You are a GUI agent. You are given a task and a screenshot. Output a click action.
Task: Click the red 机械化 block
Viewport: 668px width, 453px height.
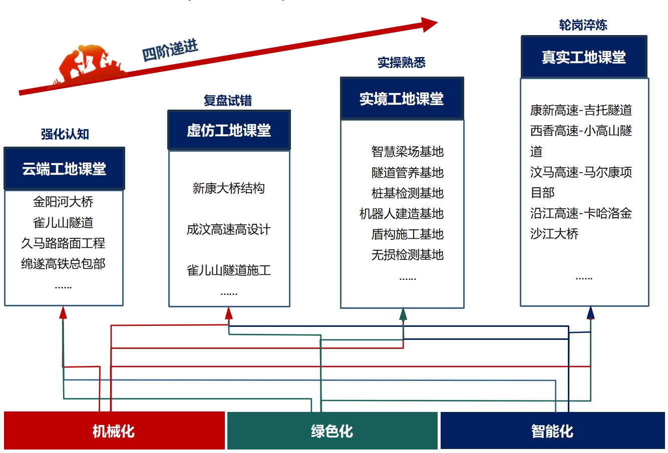pyautogui.click(x=114, y=430)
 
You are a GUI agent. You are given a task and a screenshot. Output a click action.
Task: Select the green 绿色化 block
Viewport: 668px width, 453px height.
pyautogui.click(x=332, y=430)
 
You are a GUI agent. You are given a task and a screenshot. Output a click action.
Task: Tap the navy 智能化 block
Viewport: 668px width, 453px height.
pyautogui.click(x=552, y=430)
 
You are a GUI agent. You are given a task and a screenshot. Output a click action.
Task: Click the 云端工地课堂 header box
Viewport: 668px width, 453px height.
pyautogui.click(x=64, y=169)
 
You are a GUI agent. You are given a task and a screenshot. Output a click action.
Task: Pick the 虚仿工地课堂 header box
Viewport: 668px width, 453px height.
pyautogui.click(x=229, y=130)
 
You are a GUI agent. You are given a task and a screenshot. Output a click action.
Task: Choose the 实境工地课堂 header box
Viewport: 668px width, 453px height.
pyautogui.click(x=402, y=99)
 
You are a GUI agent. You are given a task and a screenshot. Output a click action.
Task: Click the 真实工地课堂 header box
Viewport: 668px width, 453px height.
pyautogui.click(x=584, y=57)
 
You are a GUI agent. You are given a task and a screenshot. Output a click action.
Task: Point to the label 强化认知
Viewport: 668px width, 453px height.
pyautogui.click(x=65, y=134)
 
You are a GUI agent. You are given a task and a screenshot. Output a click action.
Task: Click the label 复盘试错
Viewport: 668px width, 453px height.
pyautogui.click(x=228, y=101)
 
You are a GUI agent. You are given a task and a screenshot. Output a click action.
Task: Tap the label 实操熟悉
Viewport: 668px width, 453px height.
pyautogui.click(x=402, y=63)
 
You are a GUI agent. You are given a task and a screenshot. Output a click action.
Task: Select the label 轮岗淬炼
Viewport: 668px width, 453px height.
pyautogui.click(x=583, y=26)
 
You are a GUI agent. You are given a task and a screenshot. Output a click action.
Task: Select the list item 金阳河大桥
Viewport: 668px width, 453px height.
pyautogui.click(x=63, y=202)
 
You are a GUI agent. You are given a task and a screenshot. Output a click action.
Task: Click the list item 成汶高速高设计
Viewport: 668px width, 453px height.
pyautogui.click(x=229, y=230)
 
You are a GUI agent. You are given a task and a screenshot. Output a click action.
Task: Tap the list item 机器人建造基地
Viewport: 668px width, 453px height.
pyautogui.click(x=402, y=214)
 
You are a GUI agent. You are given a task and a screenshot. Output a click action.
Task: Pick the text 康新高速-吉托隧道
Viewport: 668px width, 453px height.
pyautogui.click(x=581, y=110)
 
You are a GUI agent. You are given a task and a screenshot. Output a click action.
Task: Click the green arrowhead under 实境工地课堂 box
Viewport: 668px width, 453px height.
pyautogui.click(x=403, y=314)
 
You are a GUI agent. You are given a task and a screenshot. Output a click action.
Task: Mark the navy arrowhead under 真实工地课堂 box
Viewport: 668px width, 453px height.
pyautogui.click(x=590, y=313)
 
